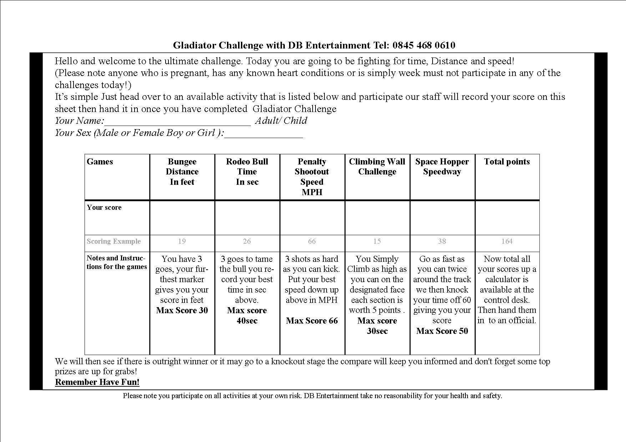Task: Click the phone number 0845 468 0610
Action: click(424, 45)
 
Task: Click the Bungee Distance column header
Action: click(182, 172)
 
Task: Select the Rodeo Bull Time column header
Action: click(247, 172)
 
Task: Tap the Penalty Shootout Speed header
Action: click(312, 177)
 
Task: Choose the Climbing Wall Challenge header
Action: click(377, 167)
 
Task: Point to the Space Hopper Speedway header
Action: click(442, 167)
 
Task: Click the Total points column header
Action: click(507, 162)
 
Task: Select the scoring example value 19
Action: click(182, 242)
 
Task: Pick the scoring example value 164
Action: click(507, 242)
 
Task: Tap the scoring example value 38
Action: click(442, 242)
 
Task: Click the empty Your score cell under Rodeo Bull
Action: click(247, 218)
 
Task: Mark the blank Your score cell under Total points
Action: click(507, 218)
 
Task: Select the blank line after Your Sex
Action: click(263, 134)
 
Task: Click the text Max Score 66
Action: click(312, 321)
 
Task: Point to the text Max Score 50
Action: click(442, 331)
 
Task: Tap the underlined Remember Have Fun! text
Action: click(97, 382)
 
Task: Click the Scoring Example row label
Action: click(114, 242)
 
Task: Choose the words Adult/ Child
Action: click(281, 121)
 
